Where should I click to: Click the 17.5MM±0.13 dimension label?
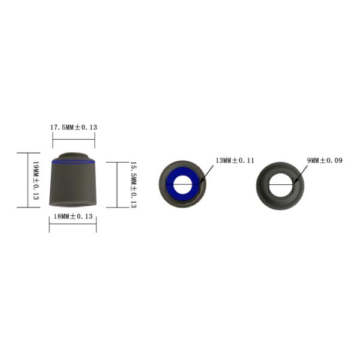pos(73,128)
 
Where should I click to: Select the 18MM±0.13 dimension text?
pos(73,217)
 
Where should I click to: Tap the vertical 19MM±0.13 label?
pos(36,180)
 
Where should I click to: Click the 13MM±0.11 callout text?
pos(235,161)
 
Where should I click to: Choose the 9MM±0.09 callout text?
pos(324,161)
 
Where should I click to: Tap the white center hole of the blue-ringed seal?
pos(182,184)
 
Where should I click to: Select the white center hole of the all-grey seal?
pos(280,184)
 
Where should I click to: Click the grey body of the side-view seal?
pos(73,186)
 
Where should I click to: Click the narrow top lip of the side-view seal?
pos(73,156)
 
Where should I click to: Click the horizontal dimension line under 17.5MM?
pos(73,139)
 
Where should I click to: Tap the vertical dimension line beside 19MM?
pos(28,180)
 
